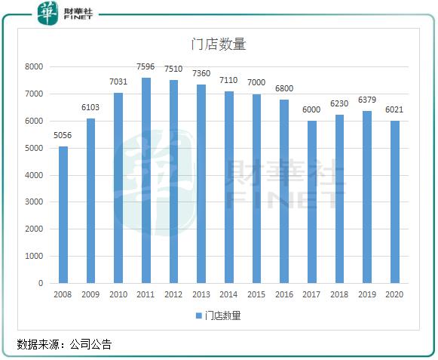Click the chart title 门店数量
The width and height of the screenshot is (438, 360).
pos(218,45)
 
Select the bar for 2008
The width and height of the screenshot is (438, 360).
pos(63,214)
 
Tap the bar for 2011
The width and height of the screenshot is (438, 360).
pos(146,180)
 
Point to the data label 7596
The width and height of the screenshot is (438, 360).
pos(146,67)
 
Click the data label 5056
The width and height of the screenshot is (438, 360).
pos(63,136)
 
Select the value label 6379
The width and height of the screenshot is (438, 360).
pos(367,100)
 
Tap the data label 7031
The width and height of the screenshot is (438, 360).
pos(118,82)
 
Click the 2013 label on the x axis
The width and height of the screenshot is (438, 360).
pos(201,295)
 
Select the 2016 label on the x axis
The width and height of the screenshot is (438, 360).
pos(284,295)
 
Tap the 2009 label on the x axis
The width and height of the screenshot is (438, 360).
pos(90,295)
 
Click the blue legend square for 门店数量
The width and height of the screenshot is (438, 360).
pos(199,315)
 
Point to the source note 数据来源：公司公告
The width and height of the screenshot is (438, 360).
pos(64,345)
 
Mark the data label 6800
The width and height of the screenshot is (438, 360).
pos(284,89)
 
